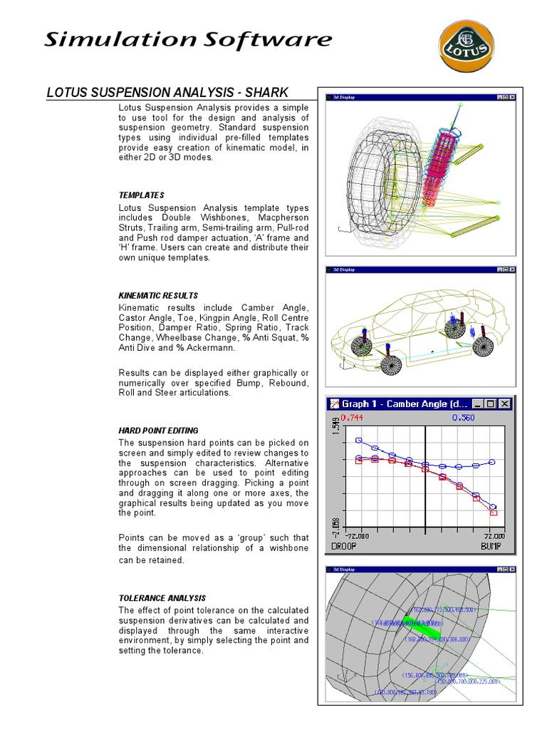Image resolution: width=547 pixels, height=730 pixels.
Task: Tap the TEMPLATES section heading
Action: pos(141,195)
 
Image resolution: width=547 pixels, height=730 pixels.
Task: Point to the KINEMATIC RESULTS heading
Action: pos(158,295)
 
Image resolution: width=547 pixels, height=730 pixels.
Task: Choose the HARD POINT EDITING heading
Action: pos(158,431)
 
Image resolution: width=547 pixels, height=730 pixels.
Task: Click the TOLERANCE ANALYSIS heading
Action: pos(162,598)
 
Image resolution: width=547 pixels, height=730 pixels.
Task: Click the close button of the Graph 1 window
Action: pos(505,403)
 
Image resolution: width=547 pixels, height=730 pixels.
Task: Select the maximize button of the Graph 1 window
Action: pos(491,403)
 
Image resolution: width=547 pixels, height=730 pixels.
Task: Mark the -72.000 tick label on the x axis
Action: pos(358,535)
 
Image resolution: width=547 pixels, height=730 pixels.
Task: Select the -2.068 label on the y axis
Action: pos(335,528)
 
